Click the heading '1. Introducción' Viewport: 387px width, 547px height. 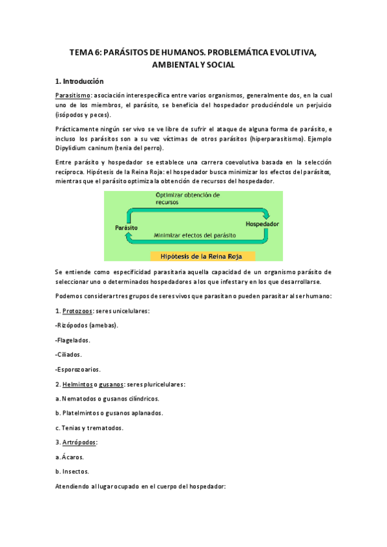pos(79,82)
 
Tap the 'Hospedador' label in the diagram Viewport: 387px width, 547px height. pos(262,224)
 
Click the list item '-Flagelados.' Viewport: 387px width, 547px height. pos(73,340)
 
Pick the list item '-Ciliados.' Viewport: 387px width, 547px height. pos(69,355)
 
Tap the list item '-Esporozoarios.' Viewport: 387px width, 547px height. pos(78,370)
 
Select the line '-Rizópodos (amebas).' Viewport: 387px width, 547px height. pos(87,326)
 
